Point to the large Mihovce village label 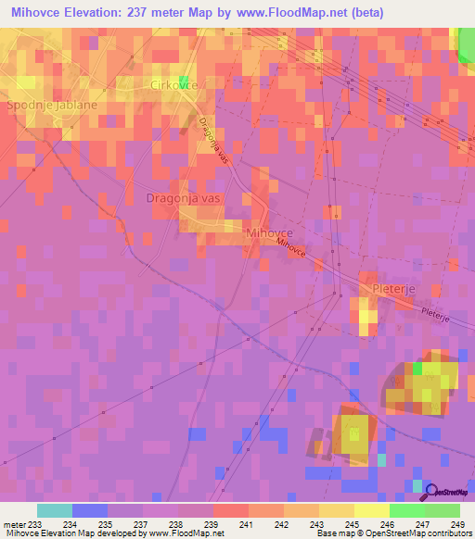tap(270, 232)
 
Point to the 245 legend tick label tap(353, 524)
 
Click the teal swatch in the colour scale tap(54, 510)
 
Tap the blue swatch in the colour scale tap(89, 510)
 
